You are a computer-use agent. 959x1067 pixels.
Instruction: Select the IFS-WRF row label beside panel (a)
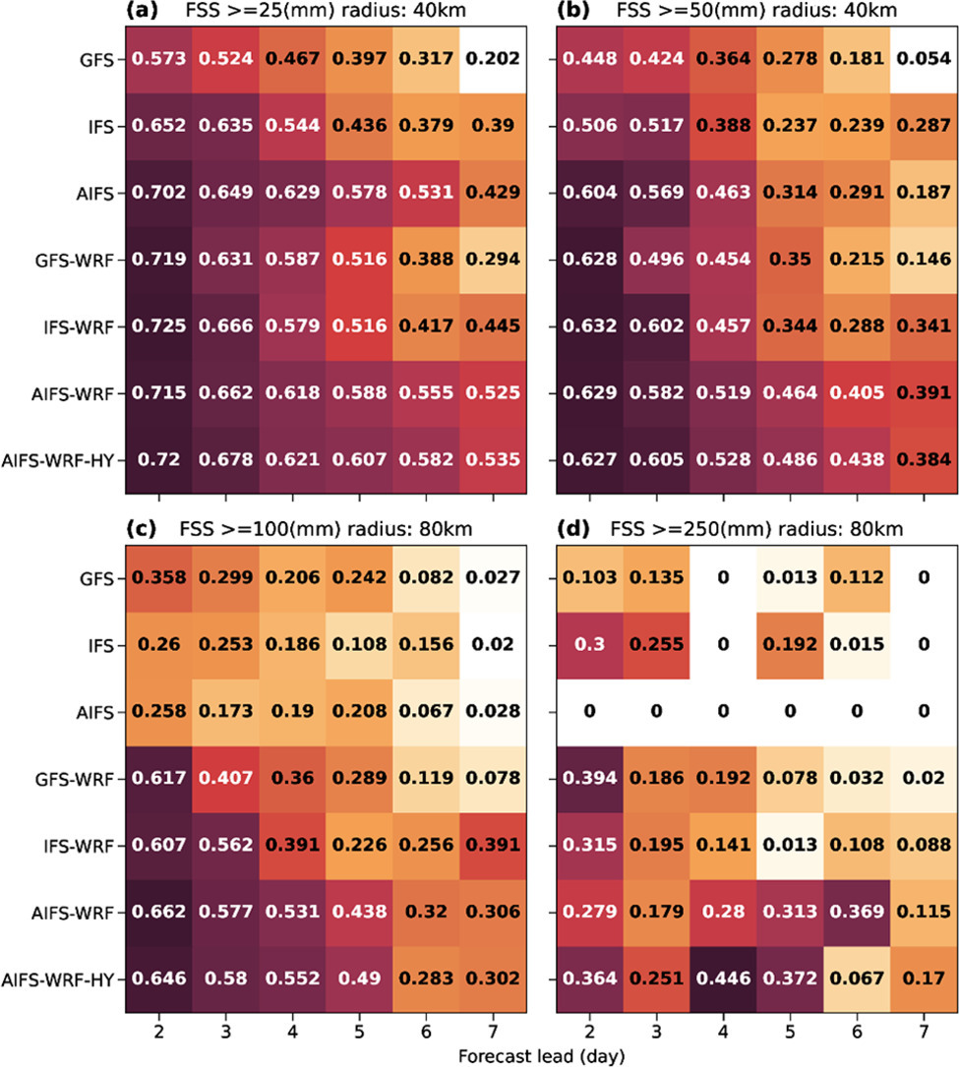tap(85, 326)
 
